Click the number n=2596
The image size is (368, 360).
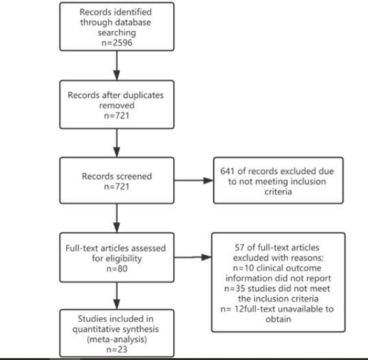[x=117, y=43]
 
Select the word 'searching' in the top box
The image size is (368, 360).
[x=117, y=32]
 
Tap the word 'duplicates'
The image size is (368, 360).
[x=143, y=95]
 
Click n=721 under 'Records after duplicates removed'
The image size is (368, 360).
[x=117, y=115]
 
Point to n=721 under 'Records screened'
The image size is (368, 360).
[x=117, y=187]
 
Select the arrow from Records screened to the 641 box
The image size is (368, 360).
[x=194, y=180]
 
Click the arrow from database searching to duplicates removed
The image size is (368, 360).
[x=117, y=65]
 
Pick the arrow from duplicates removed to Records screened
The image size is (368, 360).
[x=117, y=143]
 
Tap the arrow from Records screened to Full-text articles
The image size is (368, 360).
[x=117, y=218]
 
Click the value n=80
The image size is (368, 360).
[x=117, y=269]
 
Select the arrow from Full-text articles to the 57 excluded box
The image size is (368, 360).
[x=193, y=257]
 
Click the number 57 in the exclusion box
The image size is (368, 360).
[x=239, y=247]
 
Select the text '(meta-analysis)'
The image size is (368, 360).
[x=117, y=340]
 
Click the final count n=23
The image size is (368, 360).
[x=117, y=349]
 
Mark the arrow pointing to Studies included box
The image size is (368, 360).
[x=117, y=296]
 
